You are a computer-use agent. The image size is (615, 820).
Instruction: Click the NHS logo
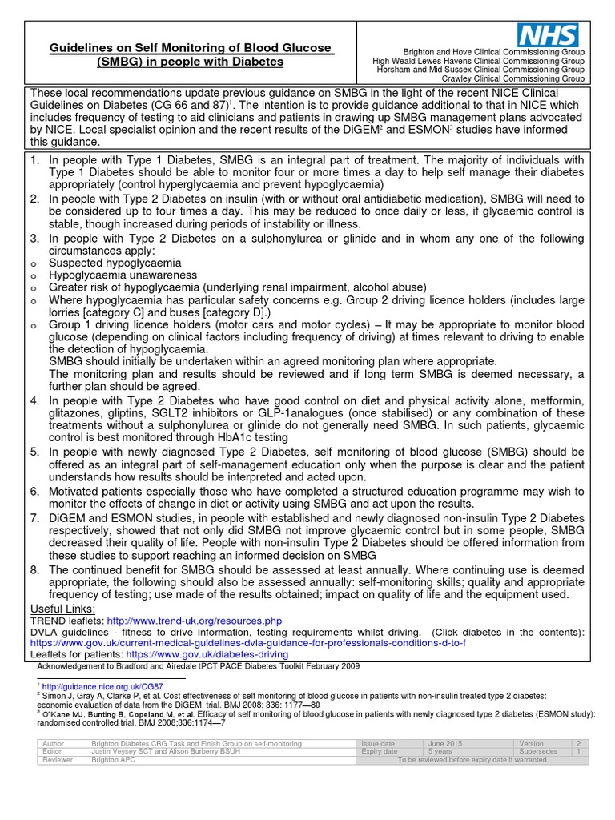[x=549, y=34]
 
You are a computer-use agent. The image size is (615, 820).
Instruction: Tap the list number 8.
[x=34, y=569]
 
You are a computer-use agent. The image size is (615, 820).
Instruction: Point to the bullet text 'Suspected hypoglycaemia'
[x=115, y=263]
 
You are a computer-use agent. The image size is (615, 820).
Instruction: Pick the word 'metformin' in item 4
[x=556, y=400]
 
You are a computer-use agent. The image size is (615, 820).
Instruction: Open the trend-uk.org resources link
[x=195, y=621]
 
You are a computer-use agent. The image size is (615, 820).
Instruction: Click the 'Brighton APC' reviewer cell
[x=117, y=760]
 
